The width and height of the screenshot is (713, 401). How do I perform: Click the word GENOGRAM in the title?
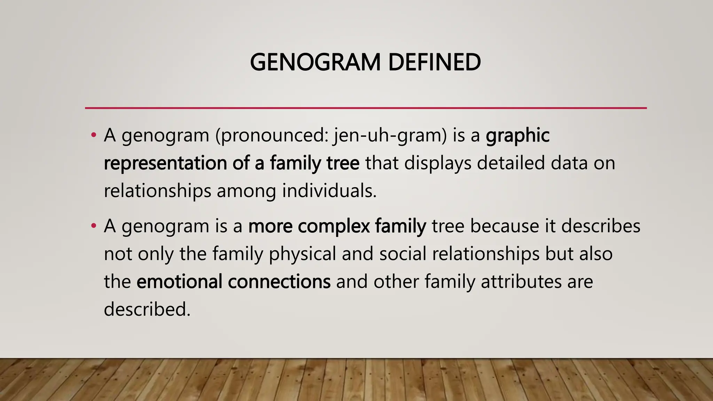(315, 62)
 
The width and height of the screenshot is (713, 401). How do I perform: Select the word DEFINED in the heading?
(434, 62)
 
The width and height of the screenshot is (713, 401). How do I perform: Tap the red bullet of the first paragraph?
(93, 135)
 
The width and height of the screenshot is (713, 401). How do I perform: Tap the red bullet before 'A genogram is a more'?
(93, 226)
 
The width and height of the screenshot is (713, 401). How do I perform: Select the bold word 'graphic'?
(518, 136)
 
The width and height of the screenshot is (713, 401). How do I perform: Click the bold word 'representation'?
(165, 163)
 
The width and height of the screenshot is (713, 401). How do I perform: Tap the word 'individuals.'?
(329, 191)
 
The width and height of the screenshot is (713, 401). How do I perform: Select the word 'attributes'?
(521, 281)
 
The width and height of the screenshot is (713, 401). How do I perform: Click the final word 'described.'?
(147, 309)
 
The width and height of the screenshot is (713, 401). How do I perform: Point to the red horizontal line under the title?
(366, 108)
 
